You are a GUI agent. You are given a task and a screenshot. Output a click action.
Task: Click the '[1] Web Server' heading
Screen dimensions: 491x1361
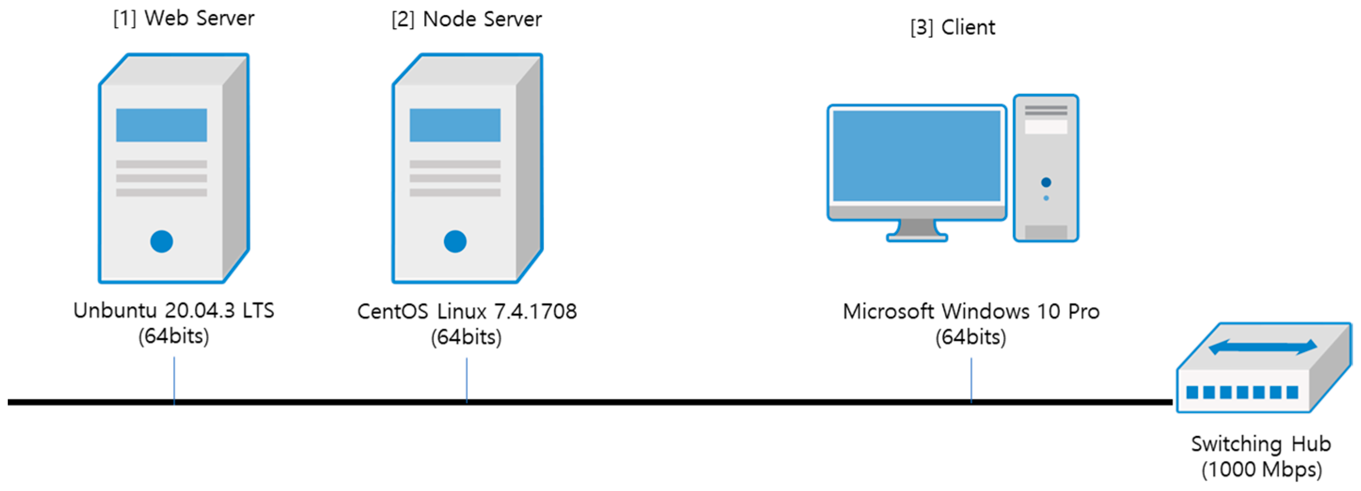pyautogui.click(x=183, y=18)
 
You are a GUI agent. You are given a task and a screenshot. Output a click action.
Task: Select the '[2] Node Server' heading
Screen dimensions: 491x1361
pyautogui.click(x=466, y=20)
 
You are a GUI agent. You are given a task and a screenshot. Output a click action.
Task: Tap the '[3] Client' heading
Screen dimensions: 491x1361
pyautogui.click(x=952, y=27)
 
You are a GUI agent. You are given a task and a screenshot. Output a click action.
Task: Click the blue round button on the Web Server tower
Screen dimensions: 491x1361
pyautogui.click(x=161, y=241)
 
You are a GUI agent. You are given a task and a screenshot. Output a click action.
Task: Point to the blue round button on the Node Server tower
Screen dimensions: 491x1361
pyautogui.click(x=454, y=241)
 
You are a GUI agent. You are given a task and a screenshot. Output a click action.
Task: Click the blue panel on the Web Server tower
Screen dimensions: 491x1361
pyautogui.click(x=161, y=125)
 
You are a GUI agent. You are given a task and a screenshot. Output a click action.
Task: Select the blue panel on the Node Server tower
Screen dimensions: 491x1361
pyautogui.click(x=454, y=125)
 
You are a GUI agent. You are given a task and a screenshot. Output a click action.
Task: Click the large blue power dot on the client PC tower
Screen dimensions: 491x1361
pyautogui.click(x=1046, y=182)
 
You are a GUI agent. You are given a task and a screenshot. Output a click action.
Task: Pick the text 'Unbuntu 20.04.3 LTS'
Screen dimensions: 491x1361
pyautogui.click(x=174, y=310)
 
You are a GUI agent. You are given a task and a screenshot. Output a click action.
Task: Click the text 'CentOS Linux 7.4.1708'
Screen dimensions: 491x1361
pyautogui.click(x=467, y=312)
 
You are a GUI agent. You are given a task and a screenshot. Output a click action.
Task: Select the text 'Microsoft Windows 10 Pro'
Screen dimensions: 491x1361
pyautogui.click(x=970, y=312)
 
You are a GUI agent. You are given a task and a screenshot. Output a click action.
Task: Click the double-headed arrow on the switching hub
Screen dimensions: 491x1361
pyautogui.click(x=1263, y=347)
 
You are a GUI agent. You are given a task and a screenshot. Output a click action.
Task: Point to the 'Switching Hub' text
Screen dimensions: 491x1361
pyautogui.click(x=1260, y=444)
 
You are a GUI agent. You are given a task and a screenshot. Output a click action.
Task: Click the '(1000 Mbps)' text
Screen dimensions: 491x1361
pyautogui.click(x=1262, y=469)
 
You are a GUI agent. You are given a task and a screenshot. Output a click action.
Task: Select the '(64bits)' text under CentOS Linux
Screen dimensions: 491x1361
pyautogui.click(x=466, y=337)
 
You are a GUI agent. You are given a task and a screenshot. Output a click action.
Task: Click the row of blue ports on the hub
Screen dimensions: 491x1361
pyautogui.click(x=1242, y=392)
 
